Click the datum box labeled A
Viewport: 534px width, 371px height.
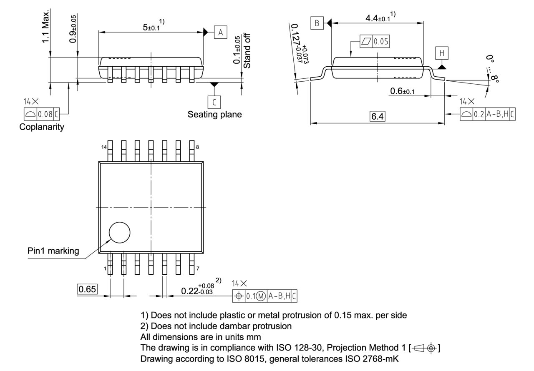click(x=221, y=32)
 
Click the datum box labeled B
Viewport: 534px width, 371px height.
click(x=317, y=23)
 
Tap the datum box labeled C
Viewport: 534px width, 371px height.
click(x=214, y=102)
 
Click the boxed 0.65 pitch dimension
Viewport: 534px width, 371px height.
click(x=87, y=289)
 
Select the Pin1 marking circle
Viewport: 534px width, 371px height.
click(x=119, y=232)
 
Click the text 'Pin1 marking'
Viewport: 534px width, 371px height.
click(x=53, y=251)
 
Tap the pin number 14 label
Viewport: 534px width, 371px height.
click(x=103, y=147)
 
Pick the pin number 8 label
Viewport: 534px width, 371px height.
click(x=197, y=147)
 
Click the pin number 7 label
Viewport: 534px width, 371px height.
click(x=197, y=268)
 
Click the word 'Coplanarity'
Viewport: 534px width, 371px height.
click(x=42, y=127)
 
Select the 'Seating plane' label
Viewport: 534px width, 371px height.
click(x=214, y=114)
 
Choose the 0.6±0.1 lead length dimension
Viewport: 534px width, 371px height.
click(x=402, y=91)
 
